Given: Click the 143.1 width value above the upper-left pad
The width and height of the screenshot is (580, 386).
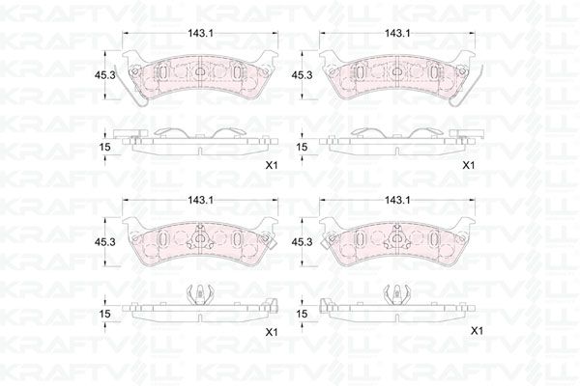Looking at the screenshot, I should [202, 34].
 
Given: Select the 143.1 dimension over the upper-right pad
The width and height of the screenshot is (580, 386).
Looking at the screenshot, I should [396, 34].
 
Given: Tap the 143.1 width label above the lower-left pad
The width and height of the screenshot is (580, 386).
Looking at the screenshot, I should [202, 201].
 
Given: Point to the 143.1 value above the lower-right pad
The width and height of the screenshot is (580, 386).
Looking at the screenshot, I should [396, 201].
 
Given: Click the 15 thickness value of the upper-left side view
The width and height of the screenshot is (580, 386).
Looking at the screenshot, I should [105, 146].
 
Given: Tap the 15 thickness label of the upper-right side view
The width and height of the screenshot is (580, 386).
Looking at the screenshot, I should [302, 146].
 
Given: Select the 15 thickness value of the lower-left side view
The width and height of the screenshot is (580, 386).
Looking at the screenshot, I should [105, 313].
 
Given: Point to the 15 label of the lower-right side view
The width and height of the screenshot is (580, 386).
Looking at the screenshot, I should [302, 313].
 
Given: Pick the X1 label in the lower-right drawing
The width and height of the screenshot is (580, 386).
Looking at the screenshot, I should [475, 331].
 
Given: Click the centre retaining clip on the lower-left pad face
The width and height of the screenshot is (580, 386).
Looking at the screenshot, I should [201, 238].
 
